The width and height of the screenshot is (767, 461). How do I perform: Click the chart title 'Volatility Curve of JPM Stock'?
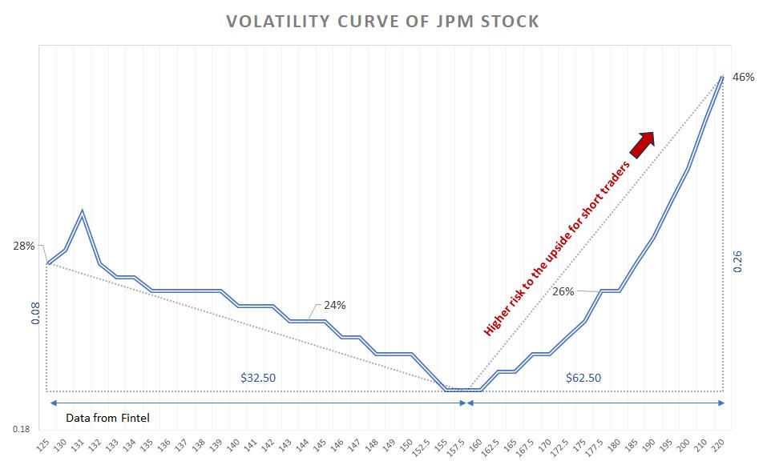(383, 22)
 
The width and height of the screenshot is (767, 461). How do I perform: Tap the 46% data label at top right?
(743, 78)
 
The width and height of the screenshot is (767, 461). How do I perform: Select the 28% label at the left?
(23, 246)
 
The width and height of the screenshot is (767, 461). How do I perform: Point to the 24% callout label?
(334, 305)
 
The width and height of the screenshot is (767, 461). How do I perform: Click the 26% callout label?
(563, 291)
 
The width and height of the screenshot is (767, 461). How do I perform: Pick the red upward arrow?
(642, 144)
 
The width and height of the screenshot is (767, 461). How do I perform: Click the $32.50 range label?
(258, 376)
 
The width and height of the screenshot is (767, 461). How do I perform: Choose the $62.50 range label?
(583, 376)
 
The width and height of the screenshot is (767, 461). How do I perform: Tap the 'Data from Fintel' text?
(107, 418)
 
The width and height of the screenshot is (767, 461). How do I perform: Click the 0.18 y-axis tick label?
(21, 429)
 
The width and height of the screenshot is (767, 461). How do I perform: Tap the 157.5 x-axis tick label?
(460, 445)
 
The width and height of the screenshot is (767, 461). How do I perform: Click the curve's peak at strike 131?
(83, 210)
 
